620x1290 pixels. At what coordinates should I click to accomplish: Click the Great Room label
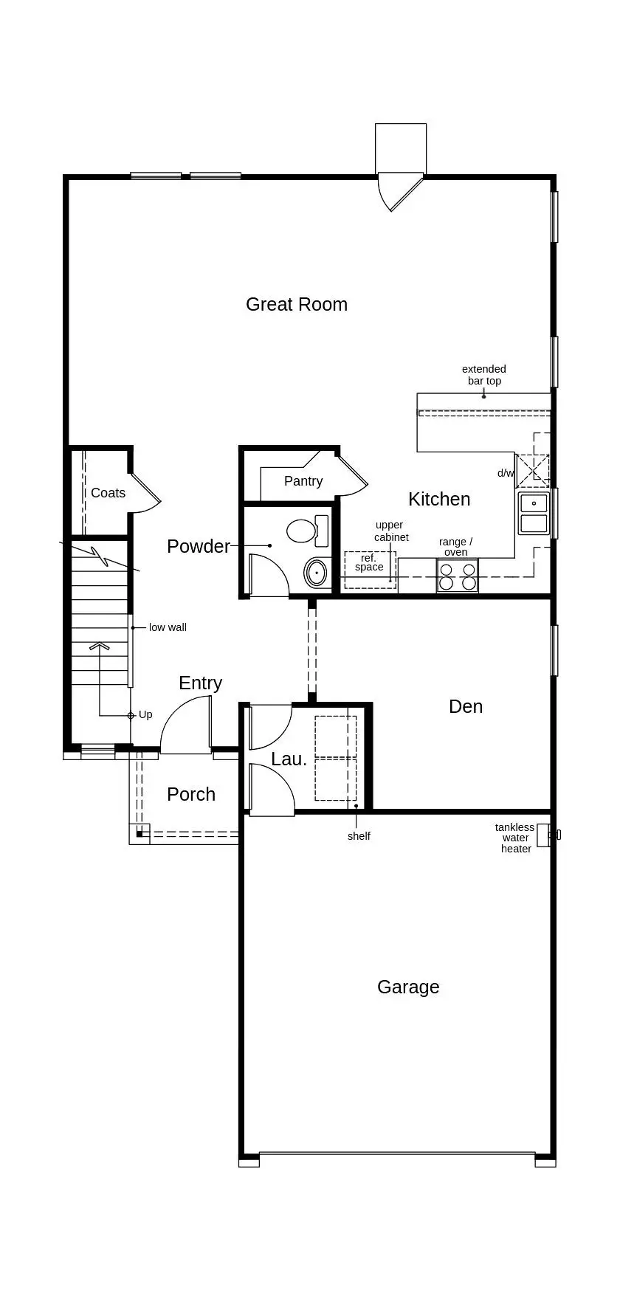(x=296, y=304)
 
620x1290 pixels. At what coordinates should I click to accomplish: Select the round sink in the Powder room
(x=317, y=573)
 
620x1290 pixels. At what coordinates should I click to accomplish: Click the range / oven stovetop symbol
(x=457, y=576)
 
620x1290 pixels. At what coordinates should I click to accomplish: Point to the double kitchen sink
(x=533, y=514)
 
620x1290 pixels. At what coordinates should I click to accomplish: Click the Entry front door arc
(x=185, y=727)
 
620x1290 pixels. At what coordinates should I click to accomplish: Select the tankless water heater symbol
(x=544, y=835)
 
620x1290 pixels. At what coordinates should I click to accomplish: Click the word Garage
(x=408, y=987)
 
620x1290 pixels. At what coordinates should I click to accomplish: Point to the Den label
(x=466, y=706)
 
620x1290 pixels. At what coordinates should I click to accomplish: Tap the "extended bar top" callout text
(x=484, y=375)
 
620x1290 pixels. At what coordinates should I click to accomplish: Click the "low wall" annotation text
(x=168, y=627)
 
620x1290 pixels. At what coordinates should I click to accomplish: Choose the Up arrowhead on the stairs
(x=100, y=646)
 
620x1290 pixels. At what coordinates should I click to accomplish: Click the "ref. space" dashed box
(x=369, y=569)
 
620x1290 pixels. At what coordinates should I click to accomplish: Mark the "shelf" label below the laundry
(x=359, y=836)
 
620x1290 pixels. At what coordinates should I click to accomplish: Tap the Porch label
(x=191, y=794)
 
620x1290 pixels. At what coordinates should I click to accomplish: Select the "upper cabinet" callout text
(x=390, y=531)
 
